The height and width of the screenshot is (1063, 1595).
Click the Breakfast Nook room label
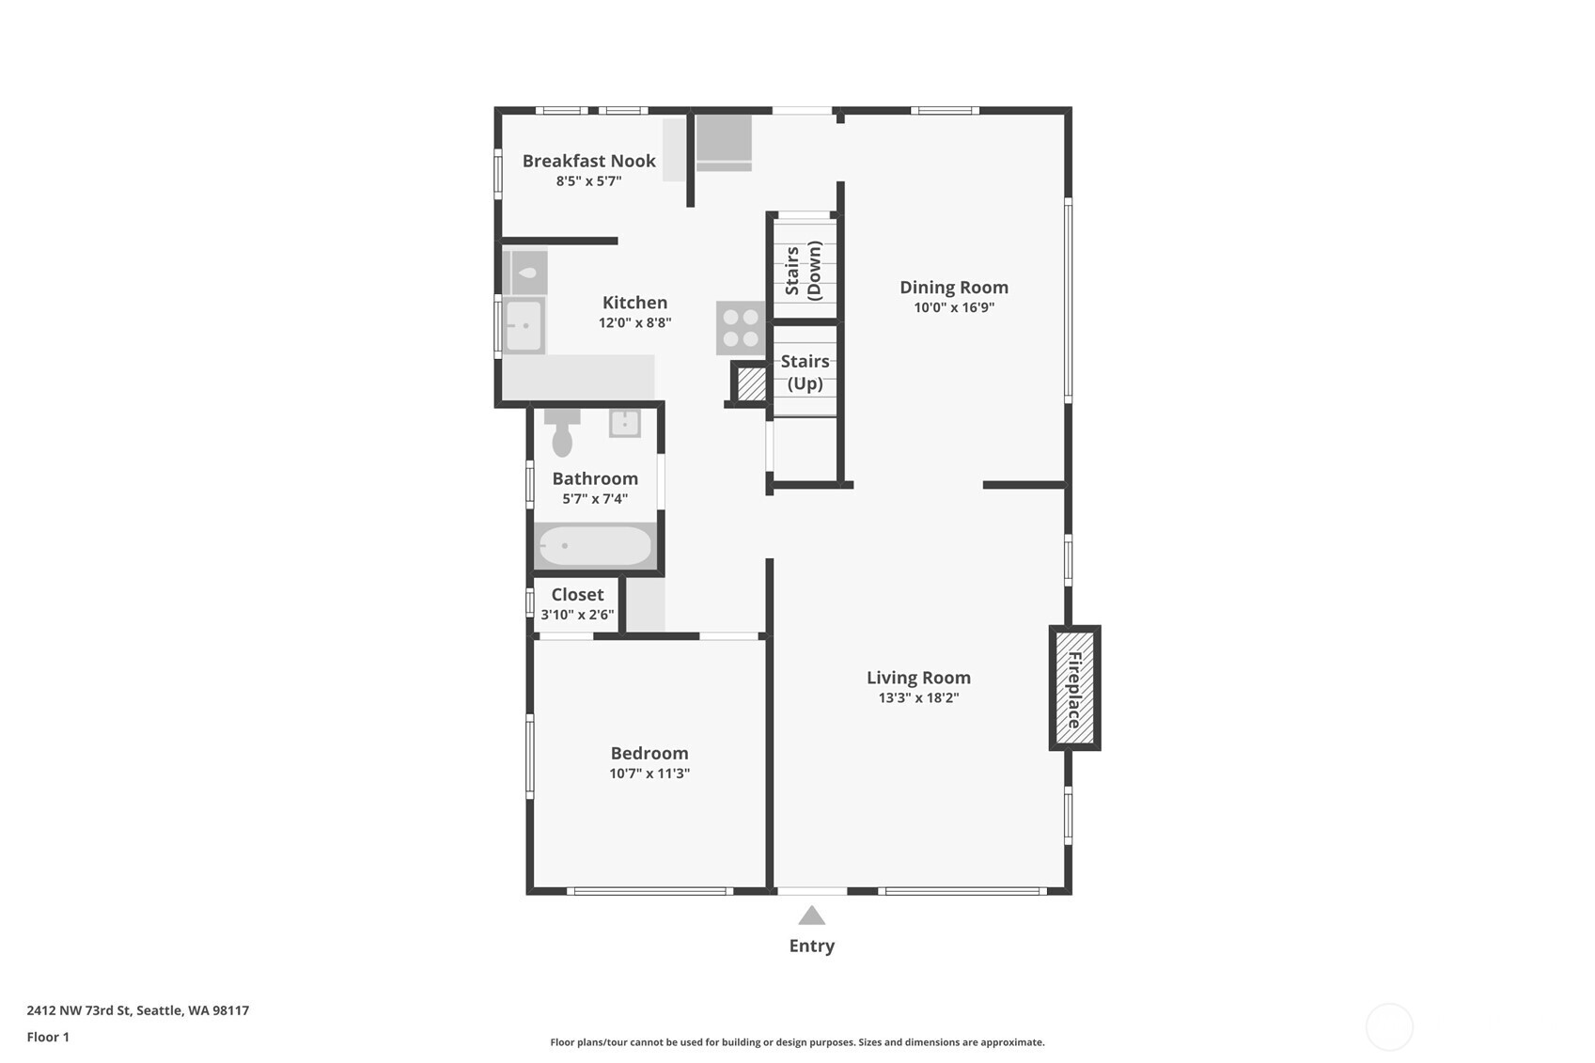588,161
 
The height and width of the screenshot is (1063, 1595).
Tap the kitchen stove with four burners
741,327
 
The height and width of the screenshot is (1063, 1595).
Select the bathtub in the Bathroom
594,545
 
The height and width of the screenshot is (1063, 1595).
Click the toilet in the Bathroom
562,434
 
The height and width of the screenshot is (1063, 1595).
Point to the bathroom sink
625,423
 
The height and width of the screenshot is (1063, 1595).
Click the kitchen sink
524,325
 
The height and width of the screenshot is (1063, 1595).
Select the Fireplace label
1074,688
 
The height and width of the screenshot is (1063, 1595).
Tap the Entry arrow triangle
811,915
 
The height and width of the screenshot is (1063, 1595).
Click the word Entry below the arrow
811,946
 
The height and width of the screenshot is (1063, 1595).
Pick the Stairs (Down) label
804,270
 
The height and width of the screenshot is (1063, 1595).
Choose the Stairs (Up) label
805,372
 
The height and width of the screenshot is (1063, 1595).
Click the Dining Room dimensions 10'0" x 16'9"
954,307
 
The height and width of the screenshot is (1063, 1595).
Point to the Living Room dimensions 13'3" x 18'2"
918,697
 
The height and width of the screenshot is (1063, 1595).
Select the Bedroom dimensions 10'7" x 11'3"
649,774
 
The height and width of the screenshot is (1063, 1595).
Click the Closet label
577,594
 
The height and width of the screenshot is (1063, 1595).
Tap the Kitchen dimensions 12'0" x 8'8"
634,322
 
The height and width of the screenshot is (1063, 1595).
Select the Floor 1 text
48,1037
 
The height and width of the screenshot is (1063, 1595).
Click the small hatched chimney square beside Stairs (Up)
751,383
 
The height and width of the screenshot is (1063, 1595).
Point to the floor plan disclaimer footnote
797,1041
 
